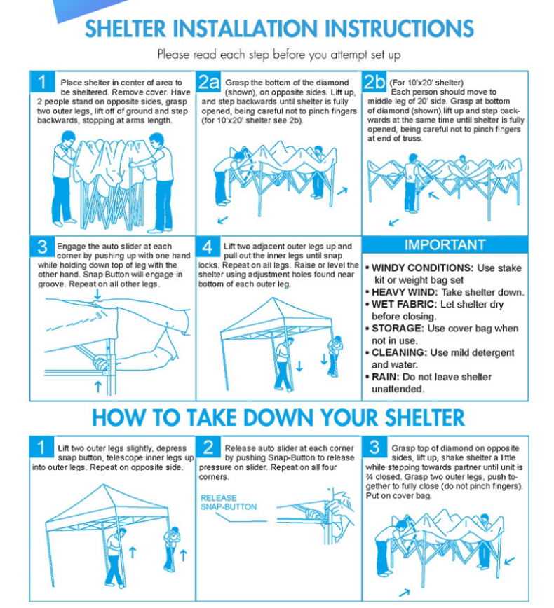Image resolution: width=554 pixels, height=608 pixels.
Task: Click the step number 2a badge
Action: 208,82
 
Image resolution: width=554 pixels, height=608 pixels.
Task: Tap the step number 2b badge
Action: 374,82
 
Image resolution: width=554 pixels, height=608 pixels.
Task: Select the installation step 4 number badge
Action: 208,247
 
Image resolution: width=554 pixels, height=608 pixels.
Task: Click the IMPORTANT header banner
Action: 445,244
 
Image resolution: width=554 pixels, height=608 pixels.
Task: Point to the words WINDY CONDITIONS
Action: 422,268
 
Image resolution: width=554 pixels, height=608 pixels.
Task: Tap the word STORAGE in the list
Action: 398,329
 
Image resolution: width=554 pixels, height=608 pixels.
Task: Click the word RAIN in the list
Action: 386,377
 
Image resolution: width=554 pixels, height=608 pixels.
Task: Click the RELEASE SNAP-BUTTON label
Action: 229,502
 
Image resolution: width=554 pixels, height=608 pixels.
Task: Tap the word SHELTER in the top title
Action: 126,29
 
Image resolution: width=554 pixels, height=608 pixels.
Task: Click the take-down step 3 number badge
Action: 374,448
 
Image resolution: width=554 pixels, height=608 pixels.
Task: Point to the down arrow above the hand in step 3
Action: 97,294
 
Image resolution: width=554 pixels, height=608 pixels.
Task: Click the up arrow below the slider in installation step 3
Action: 98,387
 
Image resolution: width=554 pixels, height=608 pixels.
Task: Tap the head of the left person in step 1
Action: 68,138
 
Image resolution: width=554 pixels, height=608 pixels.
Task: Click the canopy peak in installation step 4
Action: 273,298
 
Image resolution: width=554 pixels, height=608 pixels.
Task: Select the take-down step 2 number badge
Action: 208,448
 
